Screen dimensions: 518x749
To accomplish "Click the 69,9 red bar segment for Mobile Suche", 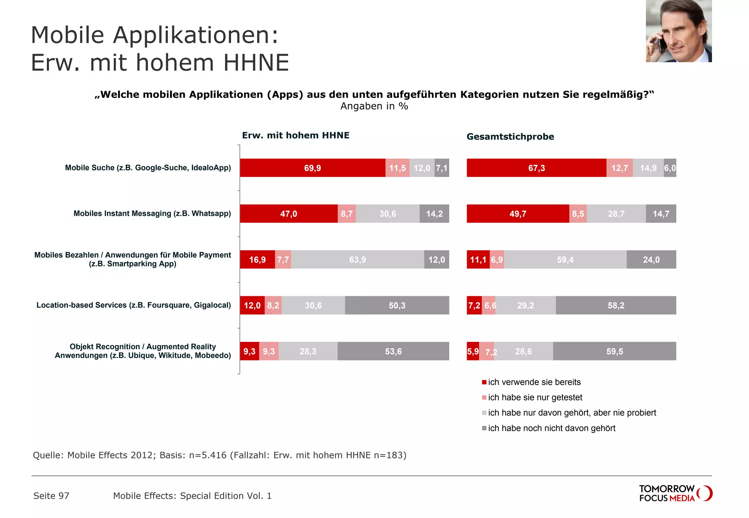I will coord(312,168).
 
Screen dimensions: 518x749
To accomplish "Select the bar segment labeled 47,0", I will coord(289,214).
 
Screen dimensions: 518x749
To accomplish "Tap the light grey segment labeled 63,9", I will coord(357,260).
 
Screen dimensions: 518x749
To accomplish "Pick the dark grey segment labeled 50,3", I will coord(397,305).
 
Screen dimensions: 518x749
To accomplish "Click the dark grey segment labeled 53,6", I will coord(393,351).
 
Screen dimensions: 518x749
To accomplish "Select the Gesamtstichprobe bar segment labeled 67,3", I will coord(536,168).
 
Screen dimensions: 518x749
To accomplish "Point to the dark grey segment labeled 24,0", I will coord(651,260).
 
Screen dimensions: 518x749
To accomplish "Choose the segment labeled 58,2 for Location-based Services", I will coord(616,305).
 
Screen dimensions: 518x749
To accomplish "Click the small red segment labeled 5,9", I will coord(473,351).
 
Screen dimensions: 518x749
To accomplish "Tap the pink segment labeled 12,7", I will coord(619,168).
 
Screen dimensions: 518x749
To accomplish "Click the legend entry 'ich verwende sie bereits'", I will coord(534,382).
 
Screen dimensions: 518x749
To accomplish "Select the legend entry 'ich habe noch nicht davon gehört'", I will coord(551,428).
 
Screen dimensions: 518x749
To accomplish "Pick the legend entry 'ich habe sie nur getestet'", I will coord(535,397).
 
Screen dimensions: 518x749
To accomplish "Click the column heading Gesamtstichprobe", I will coord(510,137).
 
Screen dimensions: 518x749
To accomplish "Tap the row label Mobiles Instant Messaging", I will coord(152,213).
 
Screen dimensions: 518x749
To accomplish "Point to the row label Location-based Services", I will coord(133,305).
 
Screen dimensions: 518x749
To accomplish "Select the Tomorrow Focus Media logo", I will coord(675,493).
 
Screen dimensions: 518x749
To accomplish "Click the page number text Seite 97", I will coord(51,496).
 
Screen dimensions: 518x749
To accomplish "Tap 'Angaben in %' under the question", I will coord(374,106).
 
